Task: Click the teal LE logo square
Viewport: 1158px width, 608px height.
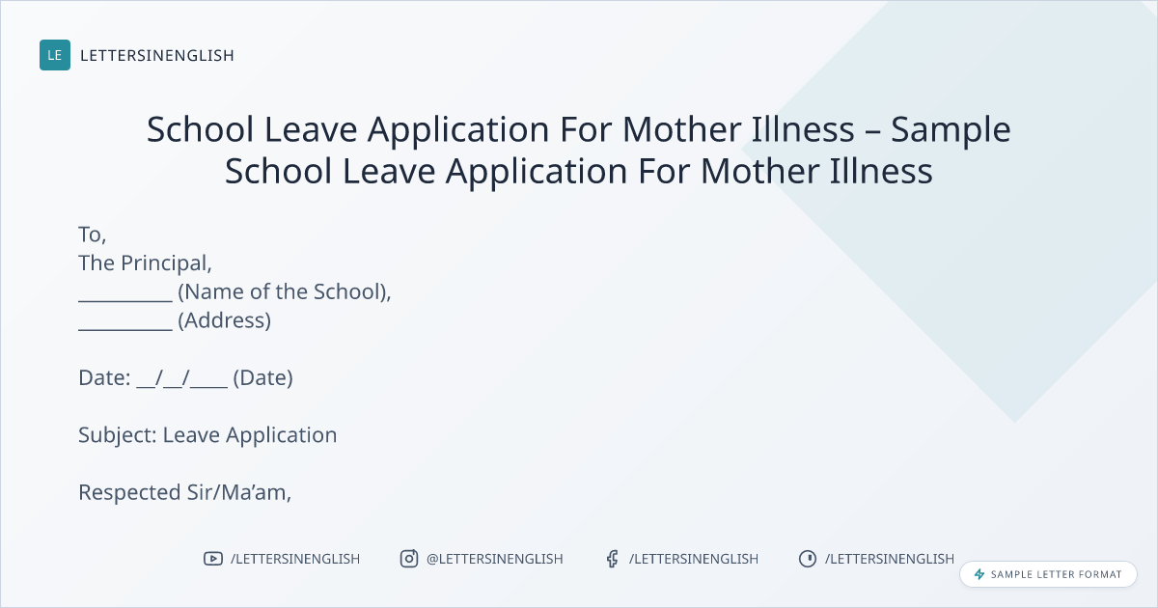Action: point(55,55)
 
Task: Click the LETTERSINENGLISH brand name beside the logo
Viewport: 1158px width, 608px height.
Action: point(157,55)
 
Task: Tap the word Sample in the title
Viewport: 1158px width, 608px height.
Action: point(951,130)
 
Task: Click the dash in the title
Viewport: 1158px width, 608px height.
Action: point(872,131)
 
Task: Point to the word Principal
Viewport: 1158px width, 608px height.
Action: point(166,263)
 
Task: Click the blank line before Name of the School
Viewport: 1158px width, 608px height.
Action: point(125,300)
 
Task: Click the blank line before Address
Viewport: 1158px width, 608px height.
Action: point(125,329)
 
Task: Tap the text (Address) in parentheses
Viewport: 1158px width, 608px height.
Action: point(224,320)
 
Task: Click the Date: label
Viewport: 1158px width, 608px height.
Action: point(104,378)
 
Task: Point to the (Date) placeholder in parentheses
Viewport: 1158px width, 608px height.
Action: point(262,378)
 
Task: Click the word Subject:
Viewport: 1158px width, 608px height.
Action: point(118,435)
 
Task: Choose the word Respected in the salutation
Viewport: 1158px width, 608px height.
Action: point(129,493)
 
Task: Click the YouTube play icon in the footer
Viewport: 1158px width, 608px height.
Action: point(213,559)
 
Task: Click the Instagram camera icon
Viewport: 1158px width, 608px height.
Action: point(409,559)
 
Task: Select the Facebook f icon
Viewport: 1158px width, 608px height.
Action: point(612,559)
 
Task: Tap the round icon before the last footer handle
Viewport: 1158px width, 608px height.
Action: point(808,559)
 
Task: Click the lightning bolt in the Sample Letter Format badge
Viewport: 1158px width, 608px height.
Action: point(979,574)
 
